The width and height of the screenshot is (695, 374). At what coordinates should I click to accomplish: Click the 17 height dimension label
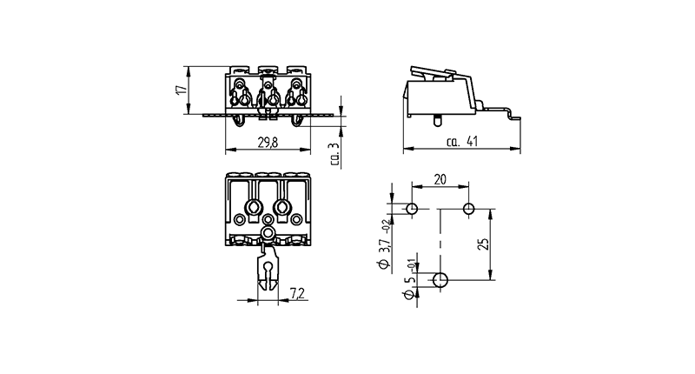point(181,90)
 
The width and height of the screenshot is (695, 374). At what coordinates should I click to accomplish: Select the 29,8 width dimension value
point(268,143)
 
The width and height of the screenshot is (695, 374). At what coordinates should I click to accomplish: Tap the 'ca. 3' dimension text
point(335,155)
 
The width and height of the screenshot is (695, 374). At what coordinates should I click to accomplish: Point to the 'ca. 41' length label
point(462,142)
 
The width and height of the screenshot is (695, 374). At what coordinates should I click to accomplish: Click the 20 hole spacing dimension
point(440,180)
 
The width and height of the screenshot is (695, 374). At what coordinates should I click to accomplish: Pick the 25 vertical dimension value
point(485,244)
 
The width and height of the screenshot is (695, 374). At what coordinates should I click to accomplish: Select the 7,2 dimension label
point(298,294)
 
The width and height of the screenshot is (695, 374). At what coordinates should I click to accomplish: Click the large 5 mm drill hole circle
point(440,280)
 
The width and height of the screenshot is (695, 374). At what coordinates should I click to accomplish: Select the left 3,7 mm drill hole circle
point(412,209)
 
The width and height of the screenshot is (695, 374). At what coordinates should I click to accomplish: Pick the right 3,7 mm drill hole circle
point(468,209)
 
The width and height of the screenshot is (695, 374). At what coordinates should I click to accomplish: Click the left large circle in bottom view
point(254,207)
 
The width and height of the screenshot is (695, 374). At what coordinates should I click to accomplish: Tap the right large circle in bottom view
point(281,207)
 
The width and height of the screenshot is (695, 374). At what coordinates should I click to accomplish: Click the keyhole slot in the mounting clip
point(268,269)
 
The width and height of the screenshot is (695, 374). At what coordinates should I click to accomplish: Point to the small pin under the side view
point(437,121)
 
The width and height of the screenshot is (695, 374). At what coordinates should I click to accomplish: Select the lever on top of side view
point(434,73)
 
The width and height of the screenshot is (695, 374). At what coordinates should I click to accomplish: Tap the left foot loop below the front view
point(239,121)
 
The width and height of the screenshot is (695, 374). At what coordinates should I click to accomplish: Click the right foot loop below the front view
point(297,121)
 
